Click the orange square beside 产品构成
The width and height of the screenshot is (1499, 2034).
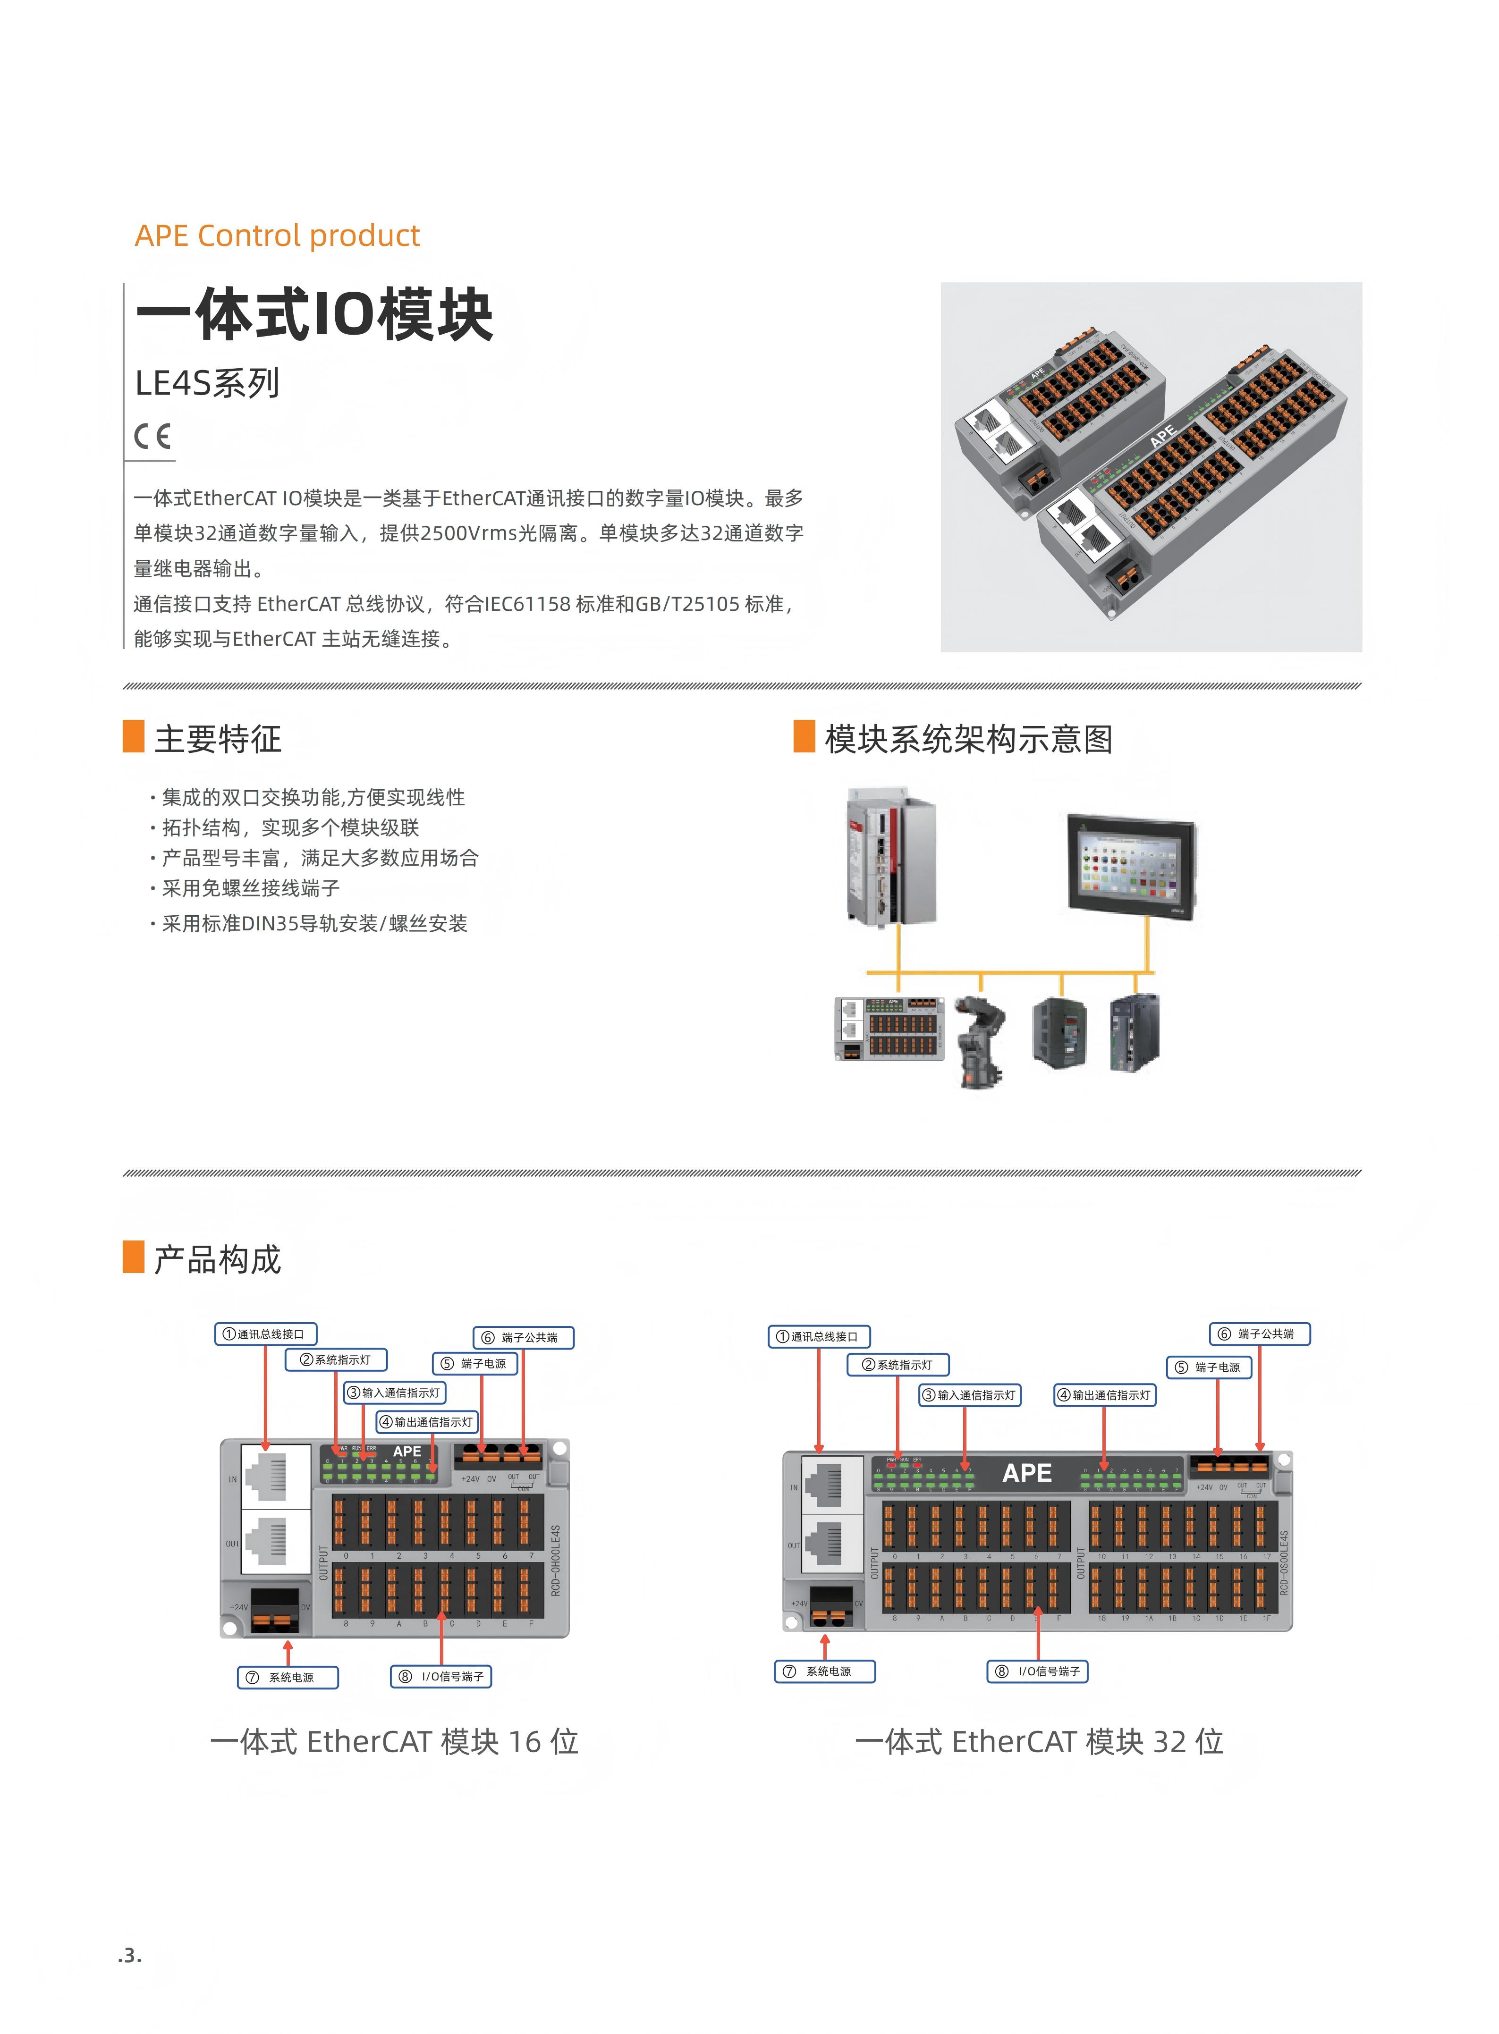click(134, 1258)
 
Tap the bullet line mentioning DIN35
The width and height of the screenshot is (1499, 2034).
click(314, 924)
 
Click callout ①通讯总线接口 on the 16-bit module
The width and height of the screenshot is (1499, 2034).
click(265, 1333)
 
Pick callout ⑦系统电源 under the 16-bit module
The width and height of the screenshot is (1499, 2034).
click(288, 1678)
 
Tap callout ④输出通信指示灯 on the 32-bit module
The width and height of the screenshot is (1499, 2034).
click(1104, 1395)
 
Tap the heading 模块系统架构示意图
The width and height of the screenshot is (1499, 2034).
click(968, 738)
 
